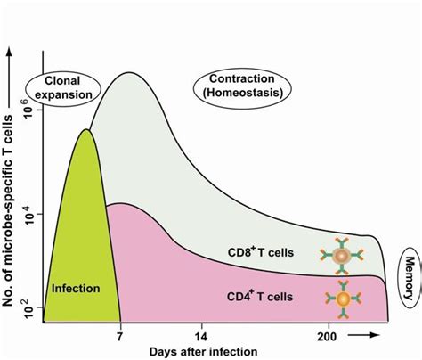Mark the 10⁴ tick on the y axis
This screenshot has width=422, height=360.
26,212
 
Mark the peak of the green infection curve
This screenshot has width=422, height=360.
86,130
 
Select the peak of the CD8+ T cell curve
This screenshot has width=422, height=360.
131,72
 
